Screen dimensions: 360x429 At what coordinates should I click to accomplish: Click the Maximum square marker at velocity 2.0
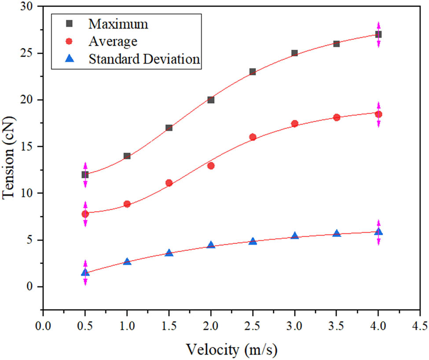pos(211,100)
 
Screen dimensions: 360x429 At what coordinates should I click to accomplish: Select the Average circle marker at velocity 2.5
pos(253,137)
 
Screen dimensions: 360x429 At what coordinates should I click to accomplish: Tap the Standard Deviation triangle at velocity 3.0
pos(294,236)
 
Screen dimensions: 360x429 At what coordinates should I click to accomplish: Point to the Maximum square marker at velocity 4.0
pos(378,34)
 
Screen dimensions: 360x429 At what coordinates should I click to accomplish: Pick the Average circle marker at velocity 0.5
pos(85,214)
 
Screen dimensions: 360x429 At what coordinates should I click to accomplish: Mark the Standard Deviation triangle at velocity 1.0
pos(127,262)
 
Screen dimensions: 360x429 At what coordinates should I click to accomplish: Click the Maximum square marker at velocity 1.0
pos(127,156)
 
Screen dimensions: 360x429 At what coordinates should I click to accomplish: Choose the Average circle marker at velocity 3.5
pos(337,117)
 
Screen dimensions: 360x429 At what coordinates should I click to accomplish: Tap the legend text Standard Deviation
pos(145,59)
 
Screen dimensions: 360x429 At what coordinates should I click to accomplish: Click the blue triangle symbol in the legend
pos(69,59)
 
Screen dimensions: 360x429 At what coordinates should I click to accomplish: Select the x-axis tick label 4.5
pos(420,327)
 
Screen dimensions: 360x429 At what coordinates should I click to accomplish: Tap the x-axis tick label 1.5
pos(169,327)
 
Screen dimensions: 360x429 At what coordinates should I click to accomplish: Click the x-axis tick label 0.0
pos(43,327)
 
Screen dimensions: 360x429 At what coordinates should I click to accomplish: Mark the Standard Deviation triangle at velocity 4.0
pos(378,231)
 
